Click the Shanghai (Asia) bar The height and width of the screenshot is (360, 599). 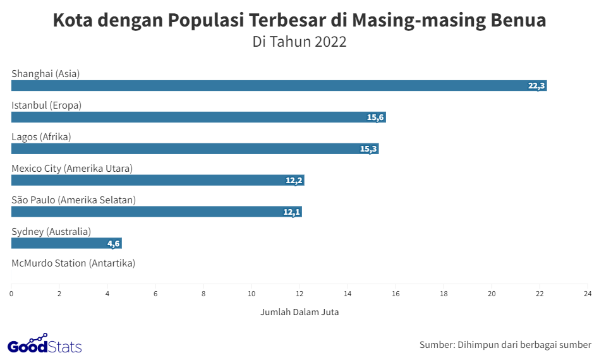[278, 86]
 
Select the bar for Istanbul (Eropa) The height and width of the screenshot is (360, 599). [198, 117]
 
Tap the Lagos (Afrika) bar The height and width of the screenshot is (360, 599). [195, 149]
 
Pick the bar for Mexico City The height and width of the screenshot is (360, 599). [158, 181]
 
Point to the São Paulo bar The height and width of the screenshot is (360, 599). [157, 212]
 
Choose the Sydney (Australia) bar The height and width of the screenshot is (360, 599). [66, 244]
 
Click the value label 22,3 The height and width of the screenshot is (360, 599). [536, 86]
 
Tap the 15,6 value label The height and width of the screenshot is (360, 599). [376, 117]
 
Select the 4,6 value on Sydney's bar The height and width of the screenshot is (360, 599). [113, 244]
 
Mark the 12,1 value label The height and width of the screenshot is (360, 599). [291, 212]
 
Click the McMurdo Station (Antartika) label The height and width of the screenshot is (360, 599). [73, 263]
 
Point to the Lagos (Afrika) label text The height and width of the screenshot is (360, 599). [41, 136]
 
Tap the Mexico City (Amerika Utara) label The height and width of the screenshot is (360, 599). [72, 168]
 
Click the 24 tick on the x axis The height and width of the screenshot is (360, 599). [587, 294]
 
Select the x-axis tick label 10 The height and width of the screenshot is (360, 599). [251, 294]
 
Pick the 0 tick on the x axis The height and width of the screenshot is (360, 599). [11, 294]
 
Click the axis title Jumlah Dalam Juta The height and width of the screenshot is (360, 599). [299, 312]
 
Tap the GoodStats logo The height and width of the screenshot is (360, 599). [44, 345]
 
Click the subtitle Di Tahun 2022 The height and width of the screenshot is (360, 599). [299, 42]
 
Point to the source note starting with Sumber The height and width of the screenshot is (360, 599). [505, 345]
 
